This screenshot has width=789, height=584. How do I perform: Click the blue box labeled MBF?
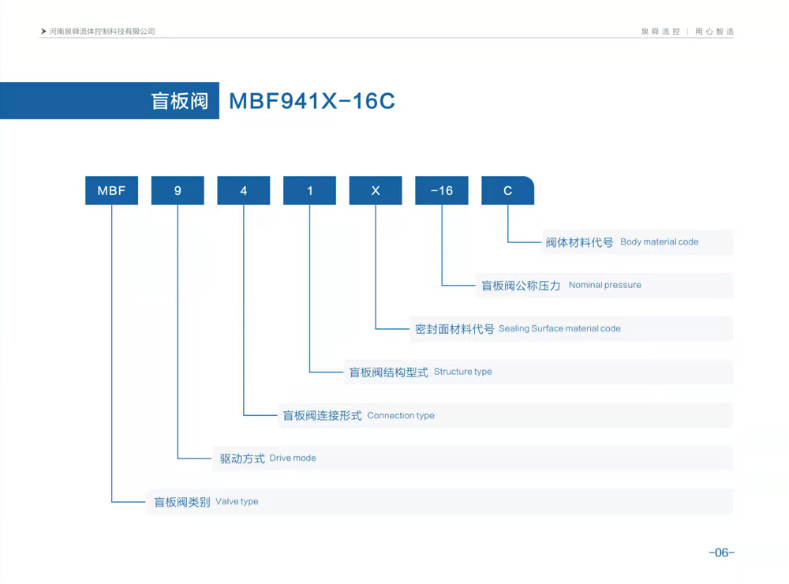click(111, 191)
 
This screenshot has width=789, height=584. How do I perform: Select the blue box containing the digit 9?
click(178, 191)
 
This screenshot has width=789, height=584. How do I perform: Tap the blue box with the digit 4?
click(244, 191)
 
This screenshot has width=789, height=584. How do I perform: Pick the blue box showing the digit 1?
click(310, 191)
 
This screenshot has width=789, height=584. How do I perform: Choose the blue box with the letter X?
click(376, 191)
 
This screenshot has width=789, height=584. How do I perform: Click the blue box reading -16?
click(442, 191)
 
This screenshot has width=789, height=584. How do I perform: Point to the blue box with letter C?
click(507, 191)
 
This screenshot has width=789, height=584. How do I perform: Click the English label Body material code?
click(659, 241)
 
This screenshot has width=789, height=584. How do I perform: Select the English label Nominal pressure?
click(604, 285)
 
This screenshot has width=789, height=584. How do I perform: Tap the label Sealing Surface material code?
click(559, 328)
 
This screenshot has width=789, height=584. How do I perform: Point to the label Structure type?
click(462, 372)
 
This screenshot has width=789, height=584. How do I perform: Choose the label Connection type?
click(401, 415)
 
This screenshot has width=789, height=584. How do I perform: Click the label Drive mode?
click(293, 458)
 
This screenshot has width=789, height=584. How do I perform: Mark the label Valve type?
click(237, 501)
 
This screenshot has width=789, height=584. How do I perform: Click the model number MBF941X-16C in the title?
click(312, 101)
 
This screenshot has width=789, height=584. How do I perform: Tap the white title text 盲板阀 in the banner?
click(179, 101)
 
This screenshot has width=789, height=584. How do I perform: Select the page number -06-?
click(721, 552)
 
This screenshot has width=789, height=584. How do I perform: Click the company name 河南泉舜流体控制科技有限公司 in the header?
click(102, 32)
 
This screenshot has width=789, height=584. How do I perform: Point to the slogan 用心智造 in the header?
click(714, 32)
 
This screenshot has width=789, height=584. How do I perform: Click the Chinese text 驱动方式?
click(242, 459)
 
